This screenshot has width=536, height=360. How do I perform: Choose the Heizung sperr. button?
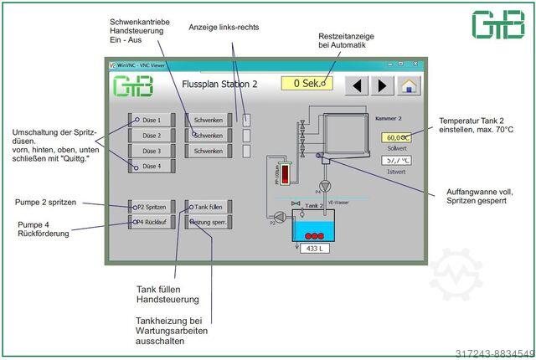(x=208, y=222)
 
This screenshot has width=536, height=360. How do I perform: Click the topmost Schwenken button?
(x=208, y=120)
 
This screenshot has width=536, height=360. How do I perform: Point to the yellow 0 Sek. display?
(x=307, y=84)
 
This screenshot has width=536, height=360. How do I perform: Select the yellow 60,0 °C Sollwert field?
(x=395, y=137)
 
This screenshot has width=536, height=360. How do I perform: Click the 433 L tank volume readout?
(x=314, y=249)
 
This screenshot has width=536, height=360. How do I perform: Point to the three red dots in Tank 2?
(x=314, y=235)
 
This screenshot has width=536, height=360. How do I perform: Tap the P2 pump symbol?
(x=280, y=216)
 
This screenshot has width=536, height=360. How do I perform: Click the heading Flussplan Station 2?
(x=219, y=85)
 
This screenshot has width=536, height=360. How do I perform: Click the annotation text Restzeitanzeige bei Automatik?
(x=346, y=42)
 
